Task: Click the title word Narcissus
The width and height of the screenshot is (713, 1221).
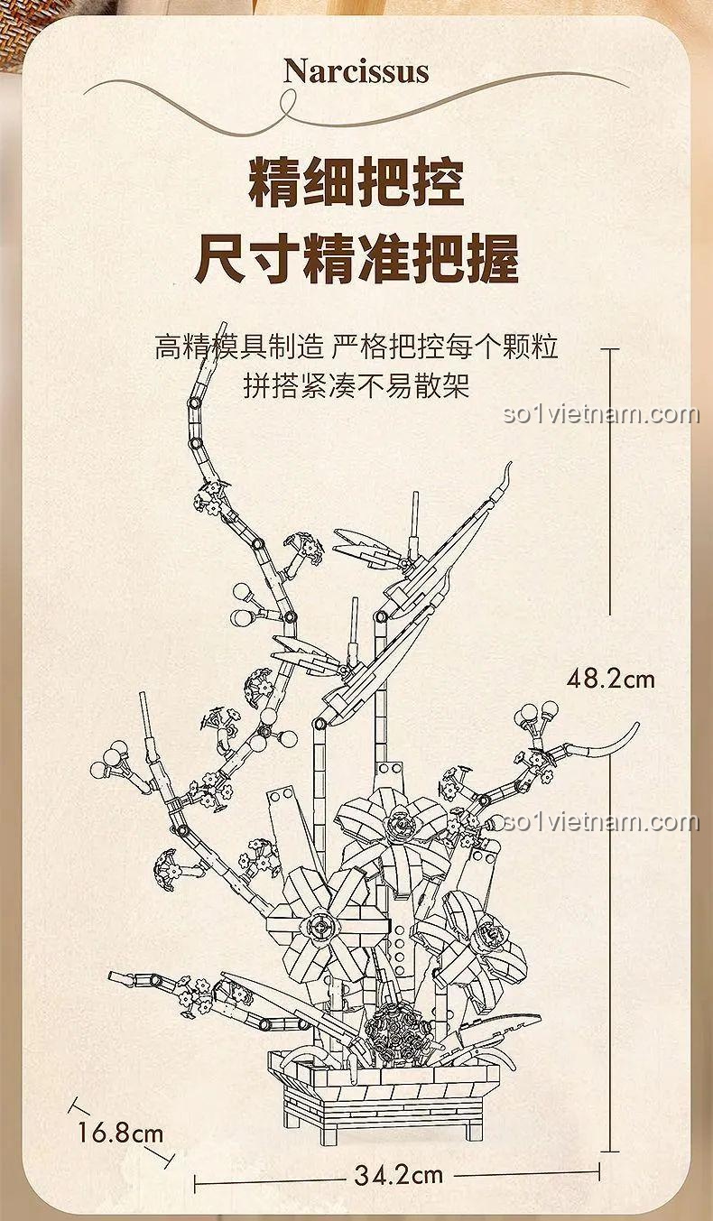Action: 356,72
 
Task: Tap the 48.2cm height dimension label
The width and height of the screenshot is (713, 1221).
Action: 610,680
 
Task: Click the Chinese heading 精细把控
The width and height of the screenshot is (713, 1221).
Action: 356,182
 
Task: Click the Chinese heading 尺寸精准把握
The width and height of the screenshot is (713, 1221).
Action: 356,259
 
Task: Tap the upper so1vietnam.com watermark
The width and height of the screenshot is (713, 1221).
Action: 601,414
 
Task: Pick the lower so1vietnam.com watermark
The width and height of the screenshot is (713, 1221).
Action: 601,821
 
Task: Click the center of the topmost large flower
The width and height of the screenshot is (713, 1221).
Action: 400,827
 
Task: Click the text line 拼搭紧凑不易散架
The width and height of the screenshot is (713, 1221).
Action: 356,386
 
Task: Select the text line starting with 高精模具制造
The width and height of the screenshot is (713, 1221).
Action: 356,347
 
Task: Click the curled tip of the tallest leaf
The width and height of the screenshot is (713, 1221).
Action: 507,473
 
